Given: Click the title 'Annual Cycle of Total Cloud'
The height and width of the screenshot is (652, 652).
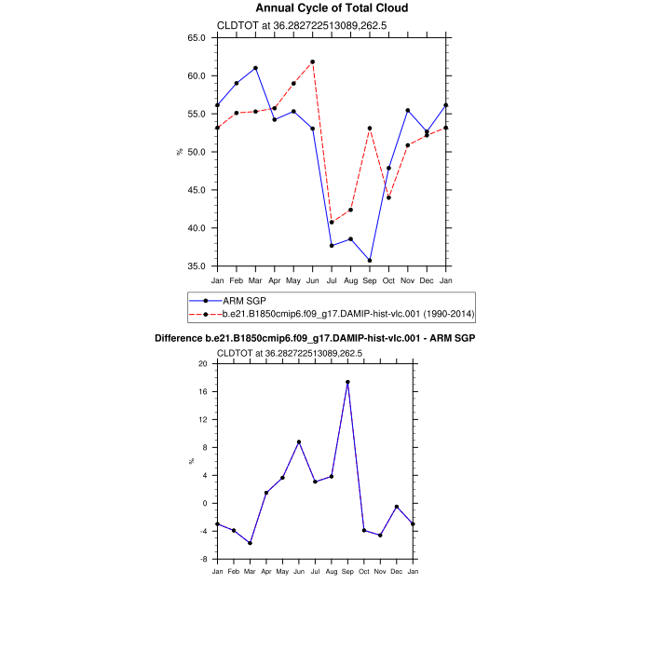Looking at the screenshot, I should (332, 8).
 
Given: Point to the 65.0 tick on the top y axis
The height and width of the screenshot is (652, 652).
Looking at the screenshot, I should (197, 38).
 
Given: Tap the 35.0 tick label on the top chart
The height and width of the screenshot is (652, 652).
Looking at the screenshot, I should (197, 266).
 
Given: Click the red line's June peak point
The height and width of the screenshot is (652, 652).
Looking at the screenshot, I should (312, 61).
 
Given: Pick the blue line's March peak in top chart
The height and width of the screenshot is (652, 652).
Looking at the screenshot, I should (255, 68).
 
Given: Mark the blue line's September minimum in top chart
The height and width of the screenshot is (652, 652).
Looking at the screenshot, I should (369, 261).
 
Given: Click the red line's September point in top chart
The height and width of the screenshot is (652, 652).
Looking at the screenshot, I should (369, 129).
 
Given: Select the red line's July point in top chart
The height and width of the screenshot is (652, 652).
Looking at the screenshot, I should (332, 223).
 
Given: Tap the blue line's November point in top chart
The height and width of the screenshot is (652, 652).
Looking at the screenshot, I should (408, 110).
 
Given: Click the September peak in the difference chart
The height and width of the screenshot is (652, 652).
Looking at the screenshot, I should (347, 382).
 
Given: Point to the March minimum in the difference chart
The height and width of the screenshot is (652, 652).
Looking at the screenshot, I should (250, 543).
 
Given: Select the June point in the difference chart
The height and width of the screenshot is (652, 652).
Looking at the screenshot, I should (299, 441).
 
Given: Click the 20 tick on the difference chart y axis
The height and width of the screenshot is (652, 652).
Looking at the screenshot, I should (202, 364).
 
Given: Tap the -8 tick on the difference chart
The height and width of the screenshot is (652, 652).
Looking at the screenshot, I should (202, 560).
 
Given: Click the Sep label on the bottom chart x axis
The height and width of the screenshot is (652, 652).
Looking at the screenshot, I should (347, 569).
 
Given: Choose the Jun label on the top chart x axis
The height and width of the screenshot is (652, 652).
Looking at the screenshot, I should (312, 279).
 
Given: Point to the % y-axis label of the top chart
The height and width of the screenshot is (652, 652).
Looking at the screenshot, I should (179, 152).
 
